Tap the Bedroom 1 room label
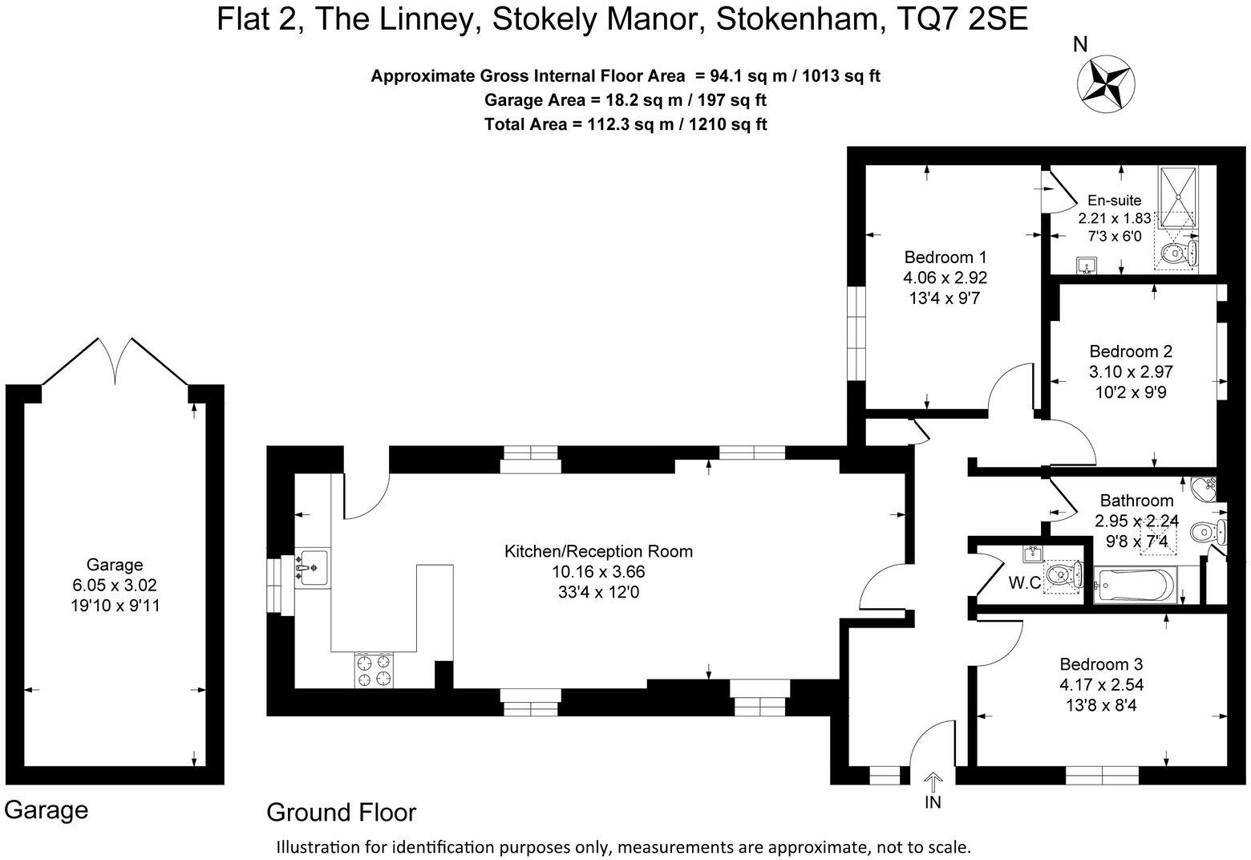(945, 258)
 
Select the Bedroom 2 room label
(1130, 351)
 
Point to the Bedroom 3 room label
(1100, 664)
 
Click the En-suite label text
(1114, 201)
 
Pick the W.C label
(1024, 583)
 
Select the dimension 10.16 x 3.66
(597, 572)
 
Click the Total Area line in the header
(625, 124)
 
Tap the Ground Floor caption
(341, 813)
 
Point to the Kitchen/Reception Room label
(597, 551)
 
